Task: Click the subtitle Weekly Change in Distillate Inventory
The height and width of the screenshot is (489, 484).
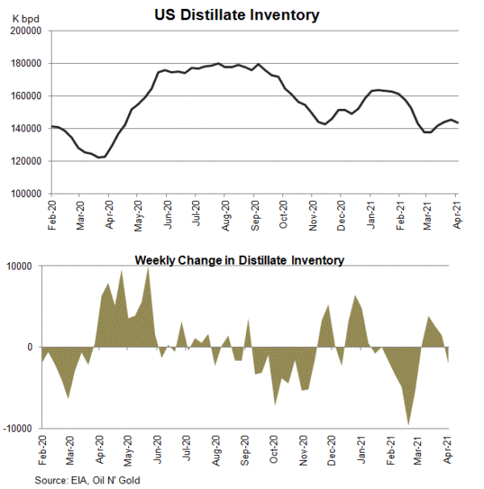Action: point(240,260)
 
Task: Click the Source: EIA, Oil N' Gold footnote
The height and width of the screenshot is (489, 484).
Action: point(93,479)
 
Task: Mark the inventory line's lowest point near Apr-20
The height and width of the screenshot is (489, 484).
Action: point(100,157)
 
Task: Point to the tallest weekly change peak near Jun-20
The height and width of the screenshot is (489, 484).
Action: point(148,269)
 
